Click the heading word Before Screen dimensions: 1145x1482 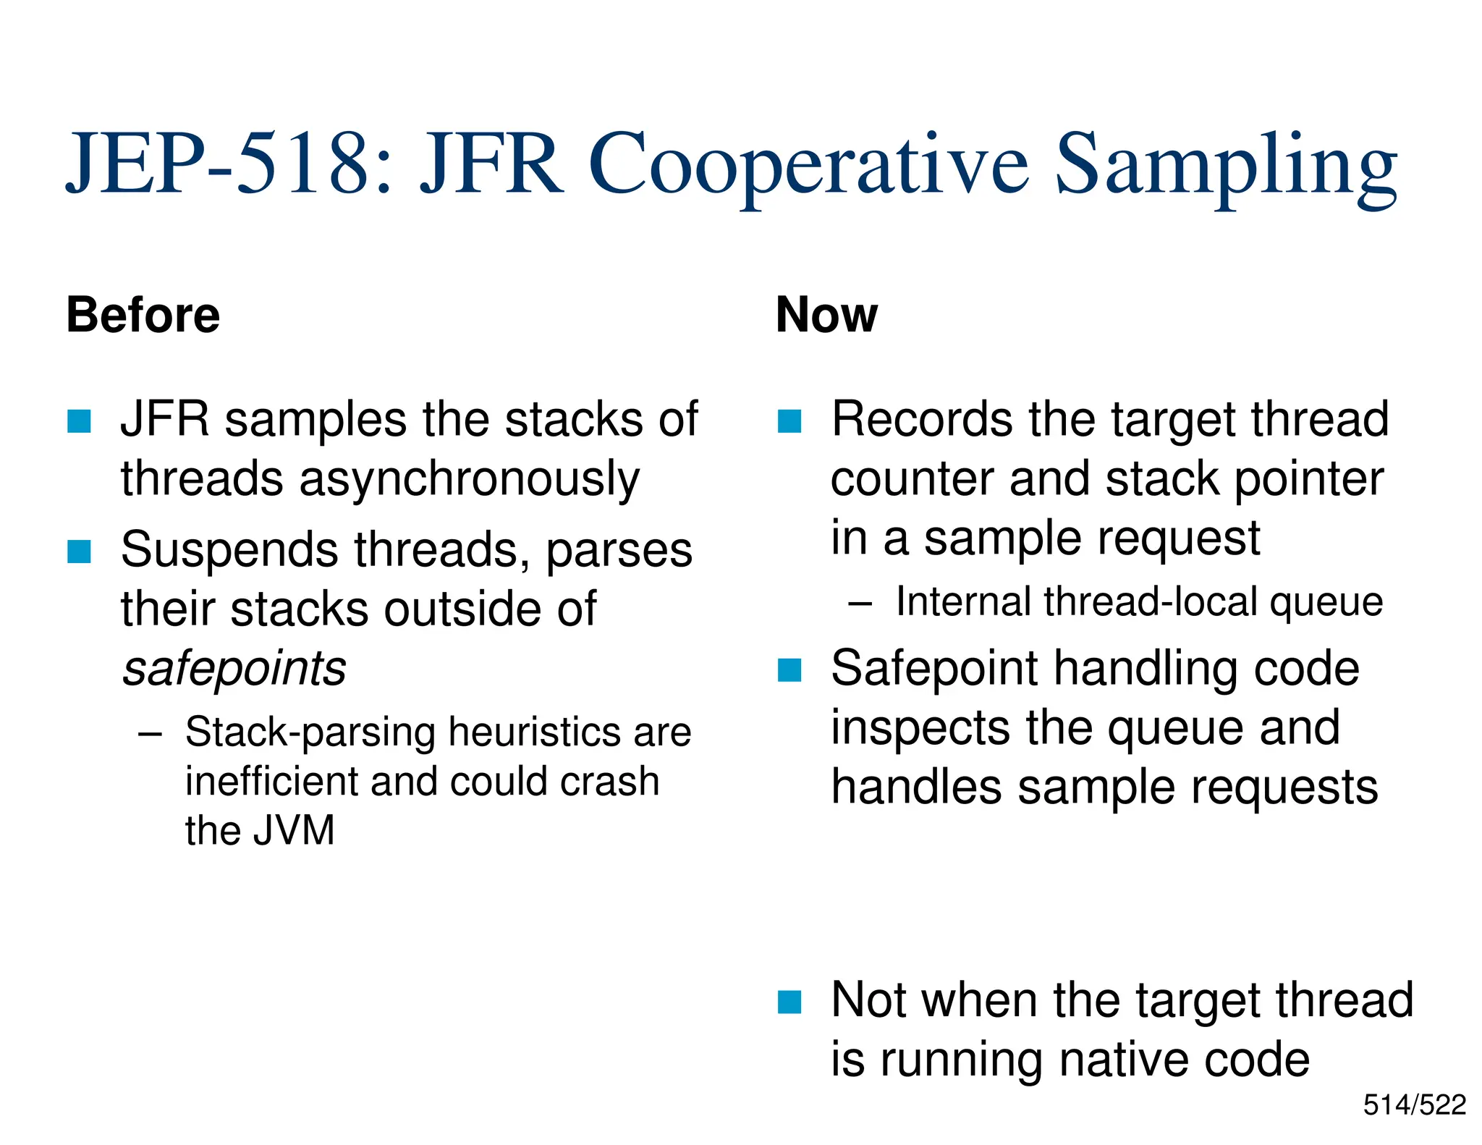click(x=143, y=316)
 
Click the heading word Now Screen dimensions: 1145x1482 click(x=826, y=316)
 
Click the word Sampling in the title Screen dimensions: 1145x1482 click(x=1226, y=166)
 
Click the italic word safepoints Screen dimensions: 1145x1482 click(x=234, y=668)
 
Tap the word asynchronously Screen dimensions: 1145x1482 click(x=470, y=480)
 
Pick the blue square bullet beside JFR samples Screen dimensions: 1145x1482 click(x=79, y=421)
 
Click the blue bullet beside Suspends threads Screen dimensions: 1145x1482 click(x=79, y=552)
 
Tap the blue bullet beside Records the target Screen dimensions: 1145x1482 click(x=789, y=421)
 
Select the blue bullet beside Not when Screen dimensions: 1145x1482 click(x=789, y=1002)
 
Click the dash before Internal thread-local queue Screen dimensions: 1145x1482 click(x=860, y=603)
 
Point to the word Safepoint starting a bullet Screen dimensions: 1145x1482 click(x=934, y=668)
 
